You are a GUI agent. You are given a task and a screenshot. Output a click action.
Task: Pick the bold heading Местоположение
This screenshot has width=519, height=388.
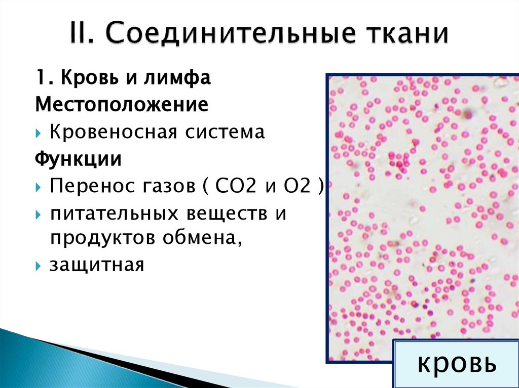point(122,105)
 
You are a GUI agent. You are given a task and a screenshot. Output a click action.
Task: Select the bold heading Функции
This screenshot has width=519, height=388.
point(78,160)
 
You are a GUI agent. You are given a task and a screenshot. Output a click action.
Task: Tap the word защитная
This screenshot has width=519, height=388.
point(96,265)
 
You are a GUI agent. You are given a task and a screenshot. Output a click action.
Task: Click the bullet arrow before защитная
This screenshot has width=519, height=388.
point(40,265)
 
